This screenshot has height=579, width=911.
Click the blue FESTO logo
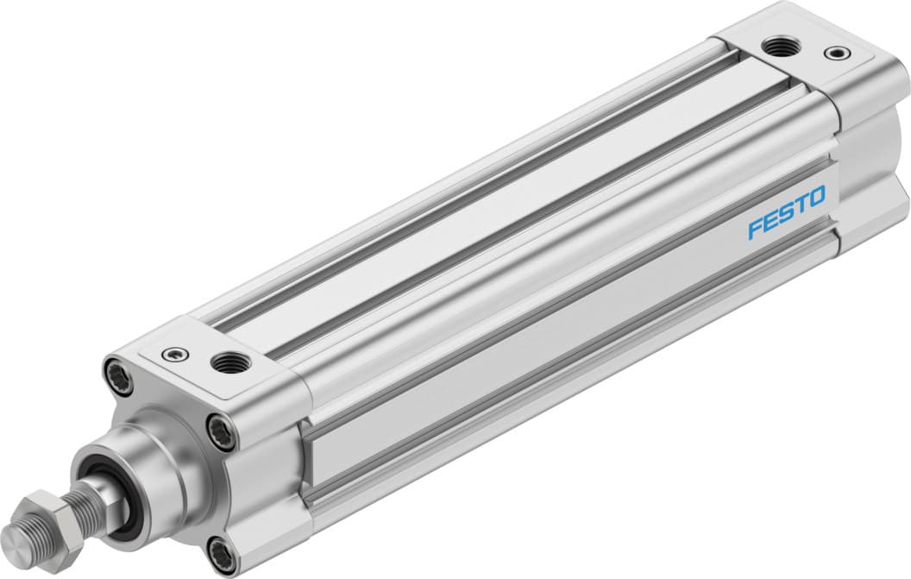point(786,212)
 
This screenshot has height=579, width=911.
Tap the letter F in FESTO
point(754,230)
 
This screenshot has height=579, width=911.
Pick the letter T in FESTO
point(801,205)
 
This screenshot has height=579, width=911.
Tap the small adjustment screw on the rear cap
point(833,53)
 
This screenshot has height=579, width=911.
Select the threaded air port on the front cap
point(229,361)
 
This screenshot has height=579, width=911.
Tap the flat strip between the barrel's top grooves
point(483,190)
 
